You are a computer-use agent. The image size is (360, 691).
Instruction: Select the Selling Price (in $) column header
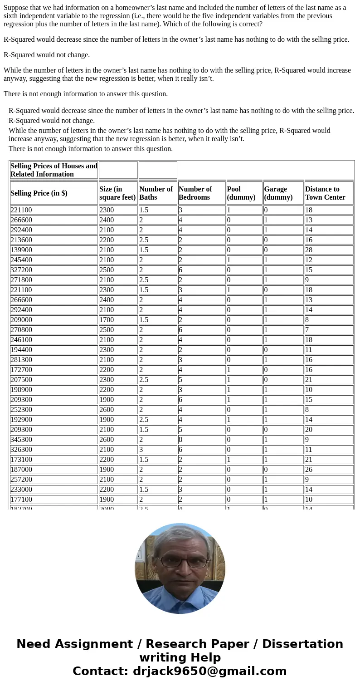tap(39, 193)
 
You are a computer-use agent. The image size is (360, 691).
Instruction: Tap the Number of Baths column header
tap(156, 193)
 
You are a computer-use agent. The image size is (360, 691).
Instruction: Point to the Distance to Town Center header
tap(325, 193)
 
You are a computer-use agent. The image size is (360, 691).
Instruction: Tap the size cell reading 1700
tap(107, 320)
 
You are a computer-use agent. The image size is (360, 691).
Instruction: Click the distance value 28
tap(309, 250)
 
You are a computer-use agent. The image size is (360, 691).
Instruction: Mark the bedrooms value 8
tap(180, 440)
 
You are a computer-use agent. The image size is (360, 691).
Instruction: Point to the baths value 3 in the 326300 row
tap(141, 450)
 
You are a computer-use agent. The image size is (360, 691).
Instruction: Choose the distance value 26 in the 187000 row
tap(309, 470)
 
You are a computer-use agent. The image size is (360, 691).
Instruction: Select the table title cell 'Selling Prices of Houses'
tap(54, 170)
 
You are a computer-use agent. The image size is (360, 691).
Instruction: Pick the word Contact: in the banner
tap(100, 671)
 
